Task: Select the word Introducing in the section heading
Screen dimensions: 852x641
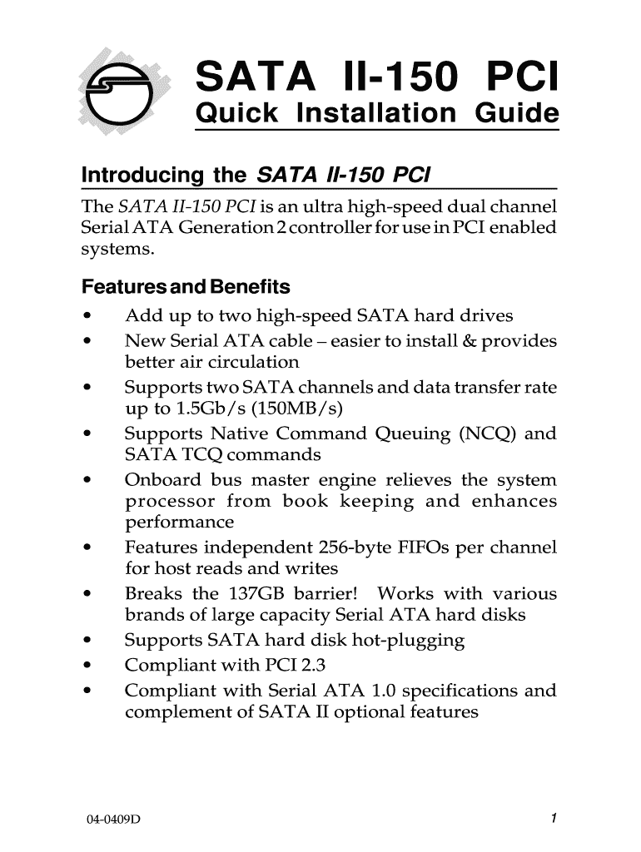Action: pyautogui.click(x=142, y=176)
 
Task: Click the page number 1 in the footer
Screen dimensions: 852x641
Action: pyautogui.click(x=553, y=819)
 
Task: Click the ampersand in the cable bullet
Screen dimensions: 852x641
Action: pyautogui.click(x=487, y=342)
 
